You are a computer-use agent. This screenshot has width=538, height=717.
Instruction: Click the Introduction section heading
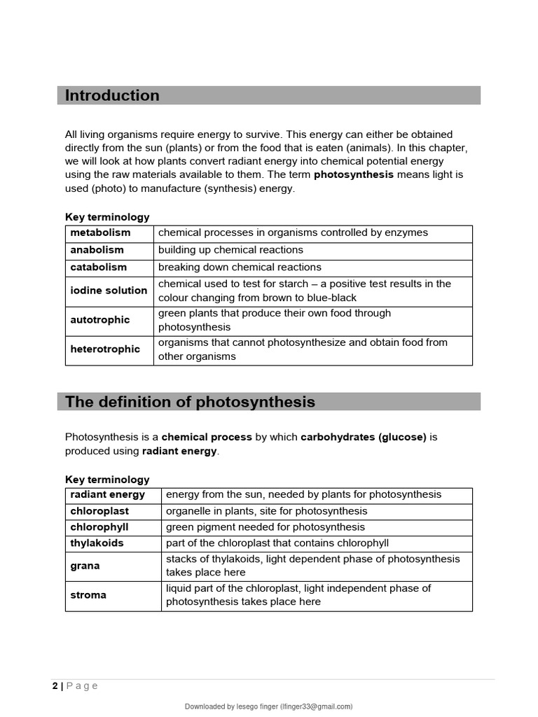(112, 96)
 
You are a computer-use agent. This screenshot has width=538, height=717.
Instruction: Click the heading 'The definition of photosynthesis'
(190, 402)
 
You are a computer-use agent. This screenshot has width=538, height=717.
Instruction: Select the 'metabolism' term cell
(100, 232)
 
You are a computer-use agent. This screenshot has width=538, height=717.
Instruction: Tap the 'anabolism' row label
(97, 250)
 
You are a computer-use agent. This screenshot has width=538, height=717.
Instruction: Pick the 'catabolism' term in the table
(99, 267)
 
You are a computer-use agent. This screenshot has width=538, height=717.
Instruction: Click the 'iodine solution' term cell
(109, 291)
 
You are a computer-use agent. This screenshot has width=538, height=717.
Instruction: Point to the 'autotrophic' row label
(100, 320)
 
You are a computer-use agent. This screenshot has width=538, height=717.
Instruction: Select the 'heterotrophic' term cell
(105, 349)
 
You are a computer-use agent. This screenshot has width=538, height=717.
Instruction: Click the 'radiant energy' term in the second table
(108, 494)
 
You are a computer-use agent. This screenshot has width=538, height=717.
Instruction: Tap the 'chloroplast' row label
(99, 511)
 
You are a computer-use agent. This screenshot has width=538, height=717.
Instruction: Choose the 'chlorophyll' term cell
(99, 527)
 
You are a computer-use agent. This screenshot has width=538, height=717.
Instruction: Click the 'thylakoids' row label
(97, 543)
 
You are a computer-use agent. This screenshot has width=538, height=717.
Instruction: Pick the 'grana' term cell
(85, 566)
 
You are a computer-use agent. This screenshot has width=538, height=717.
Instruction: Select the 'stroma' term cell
(88, 595)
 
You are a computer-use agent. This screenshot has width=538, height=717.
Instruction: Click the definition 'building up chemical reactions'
(230, 250)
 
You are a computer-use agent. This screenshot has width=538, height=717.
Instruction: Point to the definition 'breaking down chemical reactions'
(240, 267)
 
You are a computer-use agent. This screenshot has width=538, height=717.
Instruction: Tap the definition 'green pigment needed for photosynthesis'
(265, 527)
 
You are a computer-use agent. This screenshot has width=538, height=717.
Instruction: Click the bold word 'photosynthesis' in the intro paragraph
(354, 174)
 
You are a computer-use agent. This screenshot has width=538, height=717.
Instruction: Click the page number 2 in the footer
(55, 686)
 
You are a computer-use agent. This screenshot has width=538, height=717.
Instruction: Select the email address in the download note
(317, 706)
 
